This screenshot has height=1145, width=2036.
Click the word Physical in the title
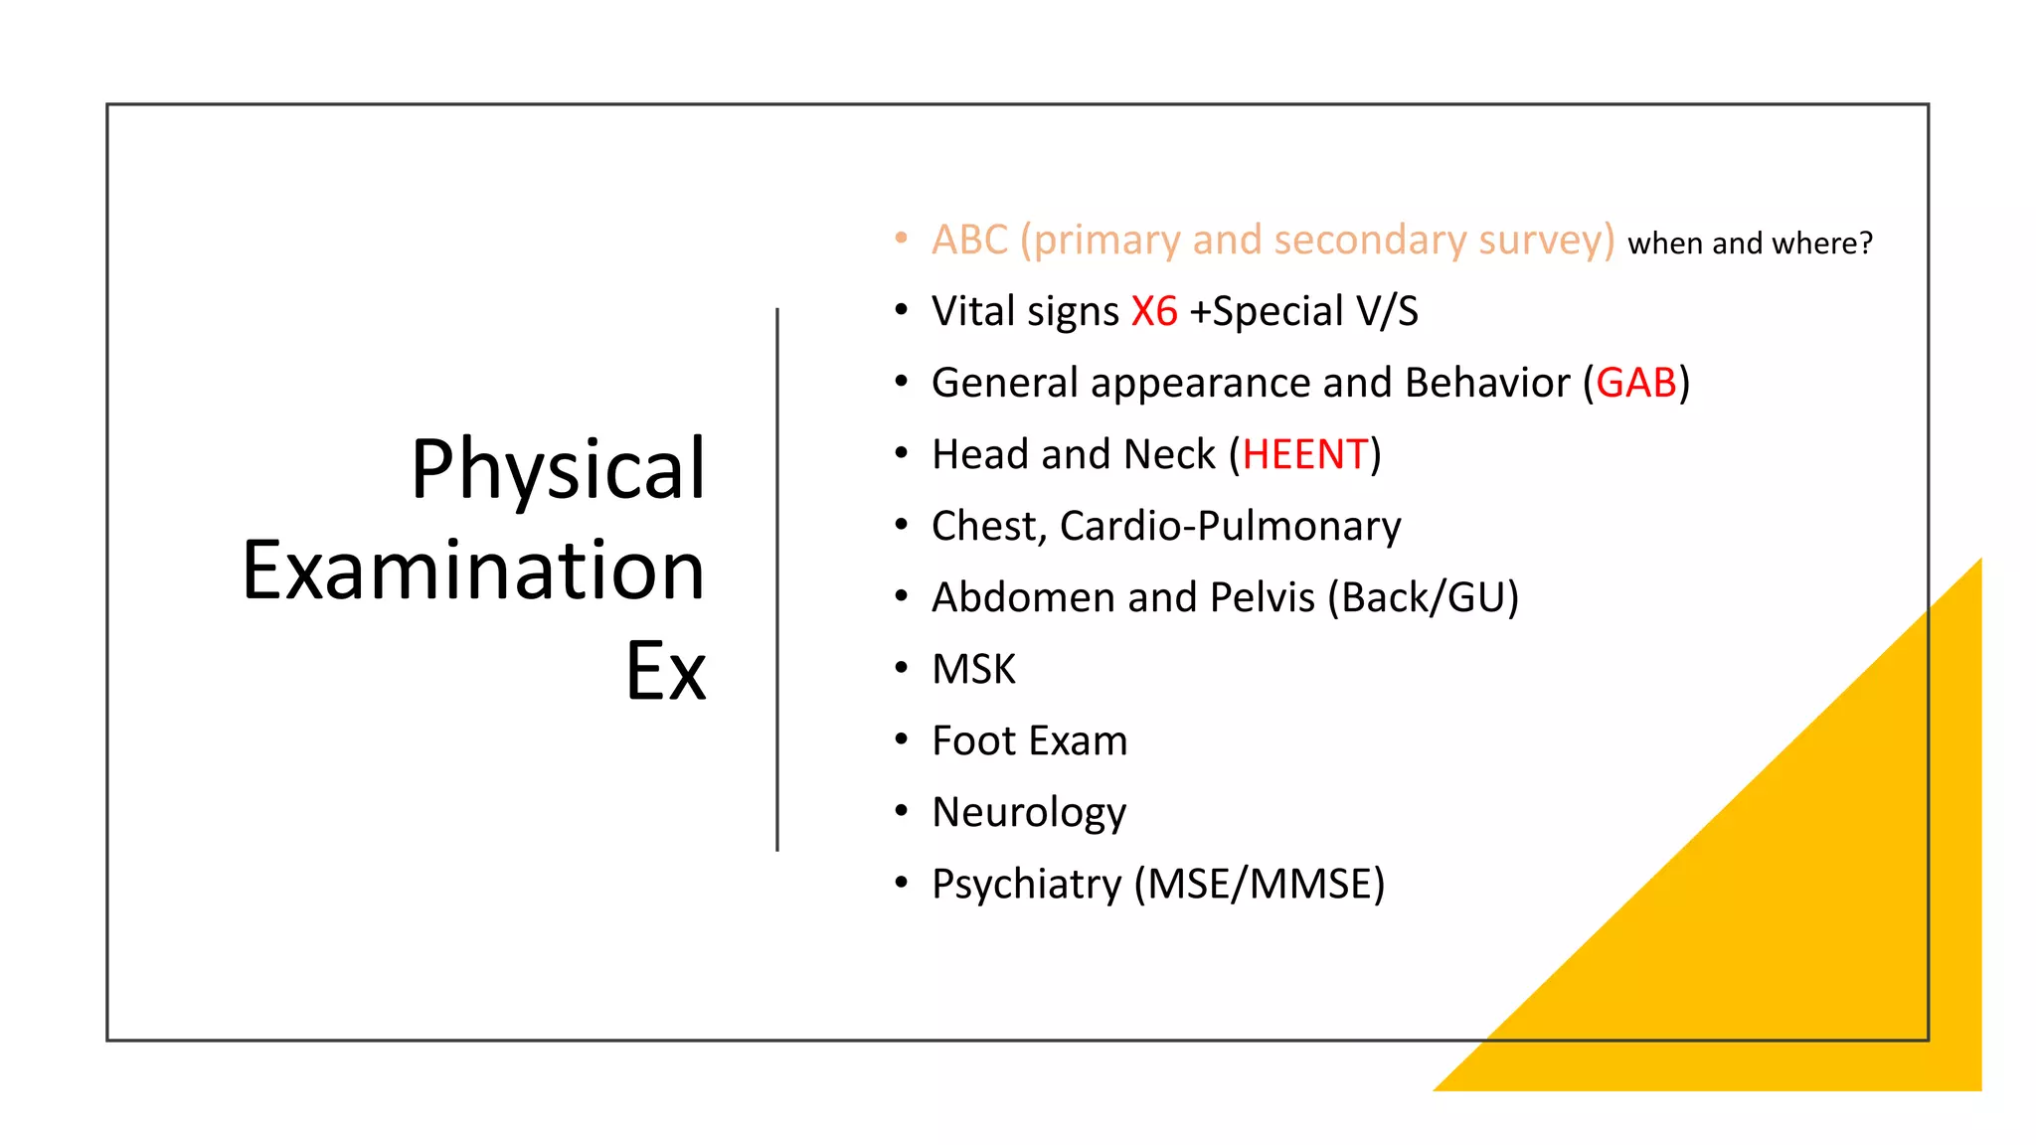(558, 469)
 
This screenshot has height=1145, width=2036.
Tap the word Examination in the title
(473, 571)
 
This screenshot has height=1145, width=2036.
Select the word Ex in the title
(665, 672)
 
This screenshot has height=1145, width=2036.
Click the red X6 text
(1154, 312)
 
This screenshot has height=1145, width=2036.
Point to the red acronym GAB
(1636, 384)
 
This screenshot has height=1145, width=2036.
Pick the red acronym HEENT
(1305, 455)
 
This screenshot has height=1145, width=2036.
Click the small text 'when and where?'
(1750, 244)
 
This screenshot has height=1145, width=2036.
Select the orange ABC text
(969, 241)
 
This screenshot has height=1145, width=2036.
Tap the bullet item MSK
(973, 670)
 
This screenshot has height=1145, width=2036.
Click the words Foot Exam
(1029, 741)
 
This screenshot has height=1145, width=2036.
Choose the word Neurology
(1029, 813)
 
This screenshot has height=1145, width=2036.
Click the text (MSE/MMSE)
(1260, 885)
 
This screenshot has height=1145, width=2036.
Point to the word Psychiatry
(1026, 885)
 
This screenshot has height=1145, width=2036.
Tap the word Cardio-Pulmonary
(1230, 527)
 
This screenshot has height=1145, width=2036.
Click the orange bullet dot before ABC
(901, 239)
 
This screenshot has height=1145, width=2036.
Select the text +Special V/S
(1303, 312)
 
